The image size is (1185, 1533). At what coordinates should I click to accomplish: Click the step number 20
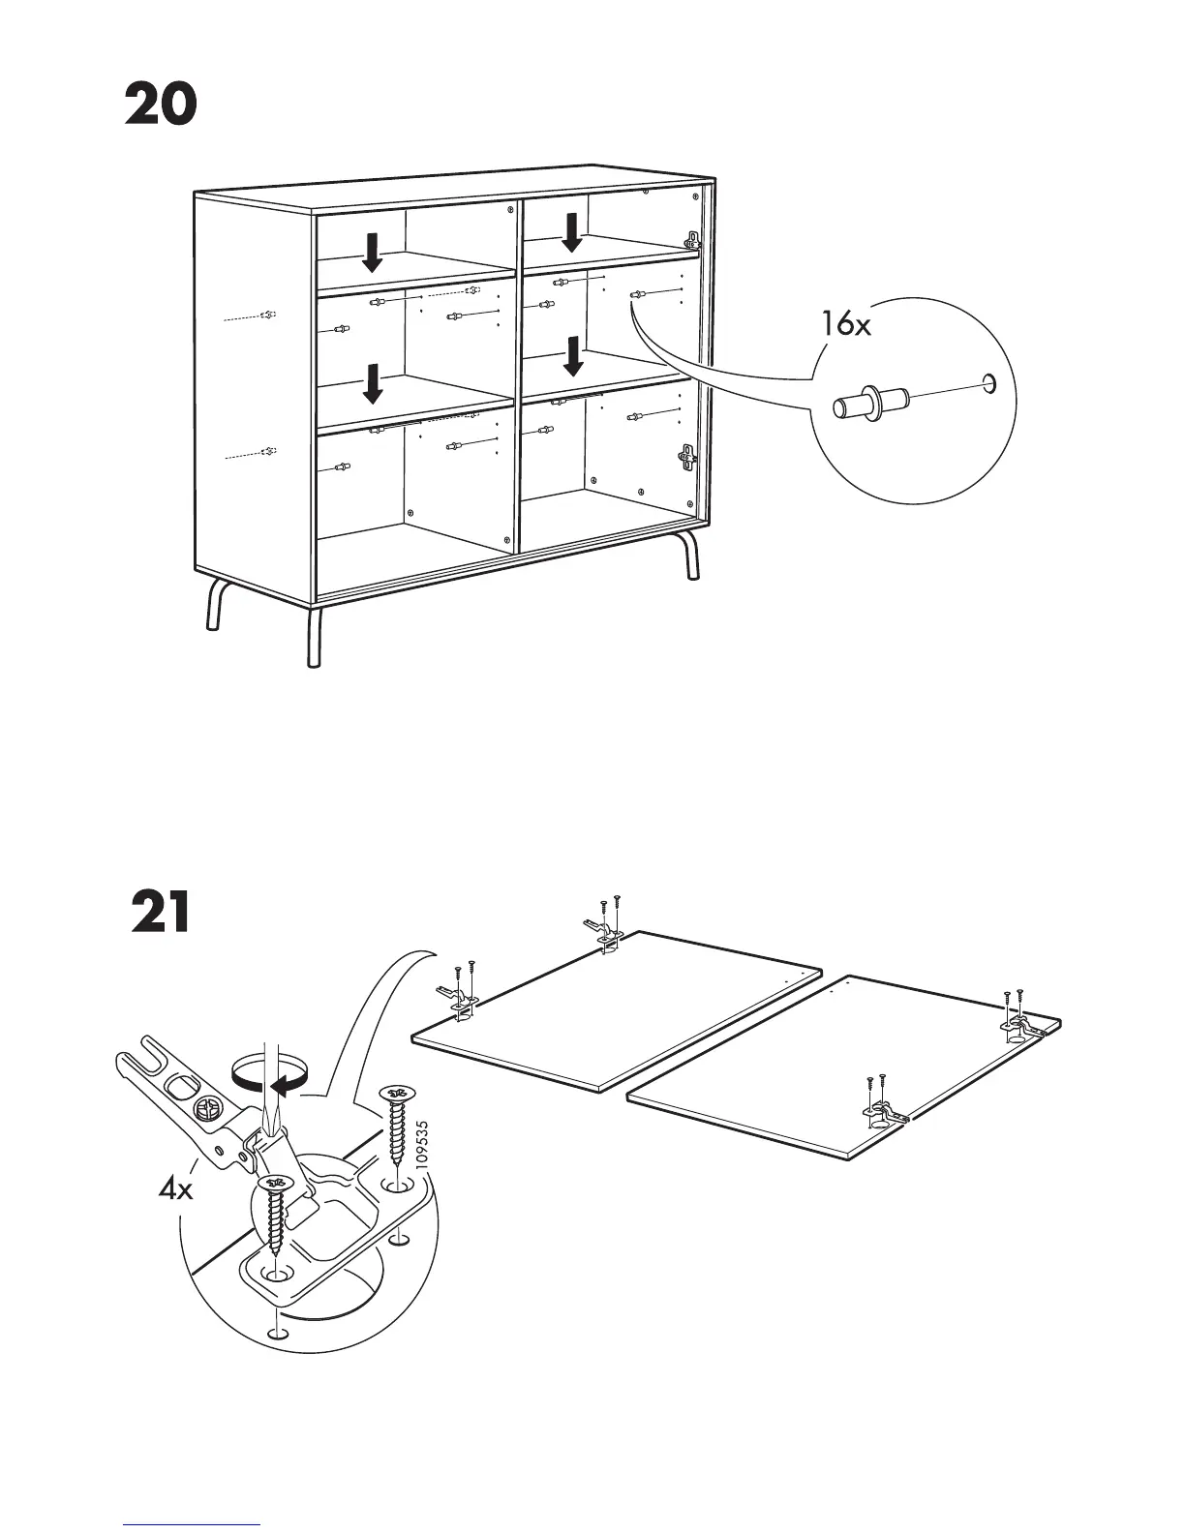(161, 105)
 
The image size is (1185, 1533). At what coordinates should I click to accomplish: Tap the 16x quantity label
(846, 324)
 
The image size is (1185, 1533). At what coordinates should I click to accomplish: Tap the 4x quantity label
(176, 1187)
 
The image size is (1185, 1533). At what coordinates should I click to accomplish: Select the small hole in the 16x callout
(988, 383)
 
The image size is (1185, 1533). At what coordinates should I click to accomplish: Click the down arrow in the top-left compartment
(372, 253)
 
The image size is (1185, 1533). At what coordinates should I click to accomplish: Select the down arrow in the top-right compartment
(572, 232)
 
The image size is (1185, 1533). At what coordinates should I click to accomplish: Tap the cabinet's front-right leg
(690, 557)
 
